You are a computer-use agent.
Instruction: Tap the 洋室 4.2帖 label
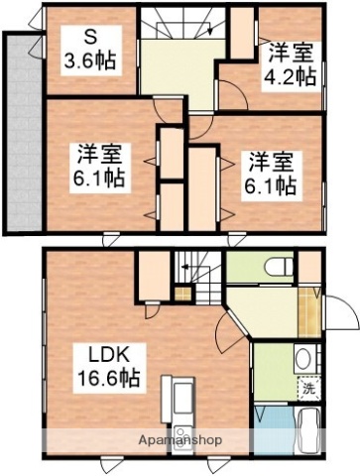click(x=291, y=61)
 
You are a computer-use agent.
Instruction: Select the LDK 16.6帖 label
click(x=109, y=365)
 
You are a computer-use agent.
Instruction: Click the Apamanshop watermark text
click(x=180, y=439)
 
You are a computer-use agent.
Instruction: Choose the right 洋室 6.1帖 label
click(x=270, y=172)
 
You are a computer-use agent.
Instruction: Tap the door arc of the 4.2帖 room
click(x=233, y=97)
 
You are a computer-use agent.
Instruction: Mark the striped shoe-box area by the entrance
click(x=308, y=312)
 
